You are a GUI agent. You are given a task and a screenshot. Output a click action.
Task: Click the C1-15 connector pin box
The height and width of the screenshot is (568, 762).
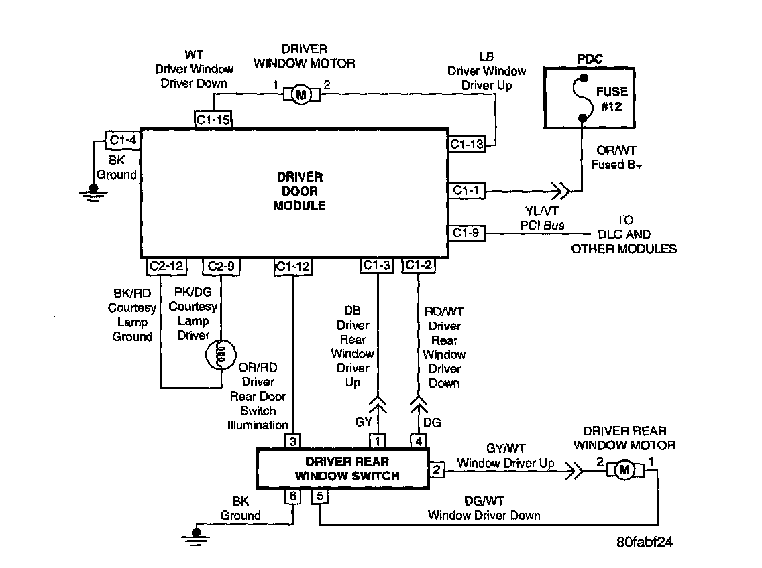(x=213, y=119)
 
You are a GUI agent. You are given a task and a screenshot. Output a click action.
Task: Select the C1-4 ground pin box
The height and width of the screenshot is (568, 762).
(x=123, y=140)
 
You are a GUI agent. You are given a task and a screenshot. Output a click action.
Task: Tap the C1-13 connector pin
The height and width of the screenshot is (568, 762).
(x=467, y=144)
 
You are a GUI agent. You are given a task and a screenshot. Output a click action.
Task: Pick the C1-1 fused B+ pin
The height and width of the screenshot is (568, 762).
(x=467, y=190)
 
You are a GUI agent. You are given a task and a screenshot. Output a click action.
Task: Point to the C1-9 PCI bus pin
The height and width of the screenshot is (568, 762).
(x=467, y=233)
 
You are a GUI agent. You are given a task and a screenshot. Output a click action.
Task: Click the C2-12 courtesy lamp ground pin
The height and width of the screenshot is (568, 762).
(x=166, y=266)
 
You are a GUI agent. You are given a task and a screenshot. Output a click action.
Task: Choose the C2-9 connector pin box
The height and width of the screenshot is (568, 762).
(x=221, y=266)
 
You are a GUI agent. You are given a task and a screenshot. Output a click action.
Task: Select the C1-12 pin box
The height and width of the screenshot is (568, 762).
(x=292, y=266)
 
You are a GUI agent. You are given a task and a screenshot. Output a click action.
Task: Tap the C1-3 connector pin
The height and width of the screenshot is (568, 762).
(x=376, y=265)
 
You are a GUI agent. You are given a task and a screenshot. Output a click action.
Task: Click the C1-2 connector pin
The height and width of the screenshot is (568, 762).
(x=419, y=265)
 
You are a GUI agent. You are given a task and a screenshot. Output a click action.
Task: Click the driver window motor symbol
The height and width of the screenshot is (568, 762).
(x=302, y=94)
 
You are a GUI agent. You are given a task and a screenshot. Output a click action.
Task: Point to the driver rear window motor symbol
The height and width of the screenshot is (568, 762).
(x=625, y=470)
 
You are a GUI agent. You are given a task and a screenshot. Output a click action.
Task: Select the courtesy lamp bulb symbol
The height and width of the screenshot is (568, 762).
(x=221, y=355)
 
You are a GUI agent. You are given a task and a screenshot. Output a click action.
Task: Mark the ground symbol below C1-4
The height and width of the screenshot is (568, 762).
(x=93, y=193)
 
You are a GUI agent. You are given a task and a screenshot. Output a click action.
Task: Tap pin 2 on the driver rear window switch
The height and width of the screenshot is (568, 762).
(x=437, y=470)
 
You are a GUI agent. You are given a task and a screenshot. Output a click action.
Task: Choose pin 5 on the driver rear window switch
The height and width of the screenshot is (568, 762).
(x=320, y=496)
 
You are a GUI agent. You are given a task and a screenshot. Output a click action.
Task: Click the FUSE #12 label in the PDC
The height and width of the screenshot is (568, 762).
(x=612, y=98)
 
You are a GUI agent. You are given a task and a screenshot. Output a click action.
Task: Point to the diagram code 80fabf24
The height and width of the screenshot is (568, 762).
(x=645, y=542)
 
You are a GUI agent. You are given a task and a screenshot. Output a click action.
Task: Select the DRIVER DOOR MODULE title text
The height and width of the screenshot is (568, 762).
(x=299, y=191)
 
